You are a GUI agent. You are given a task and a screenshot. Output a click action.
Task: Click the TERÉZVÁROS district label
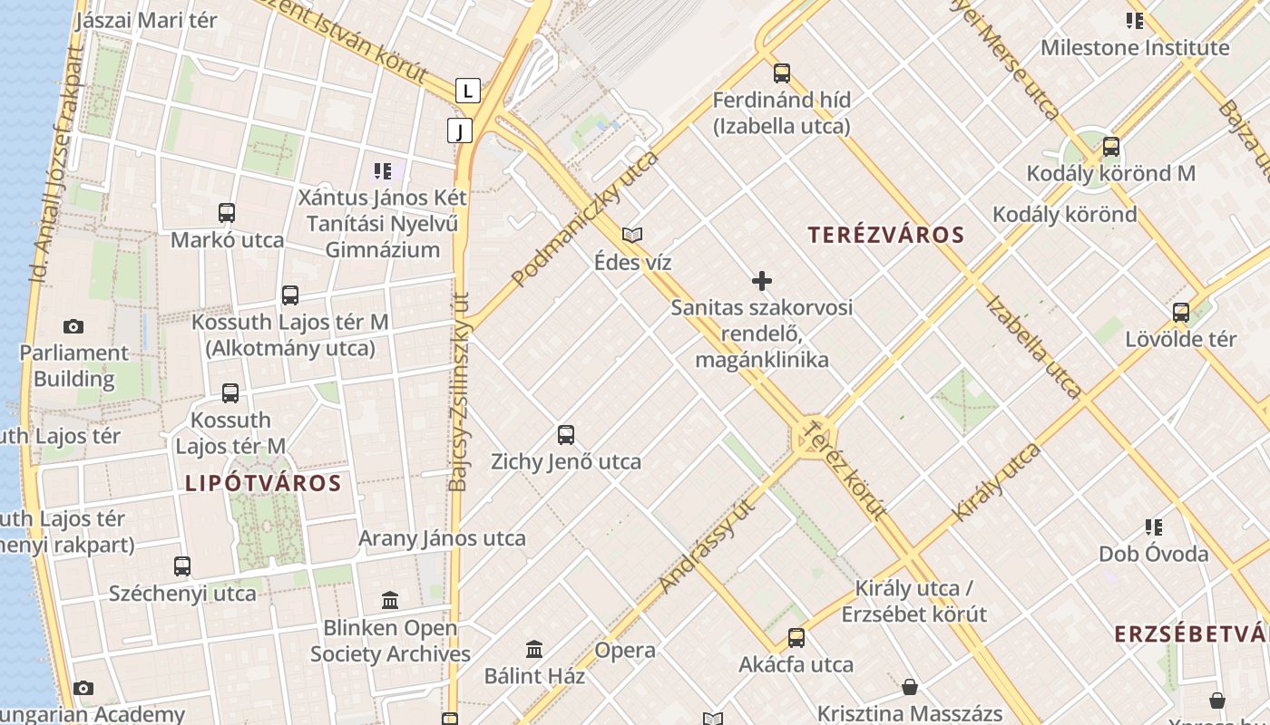[x=885, y=236]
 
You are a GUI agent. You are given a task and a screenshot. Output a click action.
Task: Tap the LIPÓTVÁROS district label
[x=263, y=483]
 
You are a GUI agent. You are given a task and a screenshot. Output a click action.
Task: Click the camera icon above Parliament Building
[x=73, y=326]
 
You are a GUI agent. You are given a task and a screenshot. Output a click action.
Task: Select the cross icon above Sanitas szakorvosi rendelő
[x=762, y=281]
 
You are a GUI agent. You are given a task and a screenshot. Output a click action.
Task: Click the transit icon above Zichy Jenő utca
[x=566, y=435]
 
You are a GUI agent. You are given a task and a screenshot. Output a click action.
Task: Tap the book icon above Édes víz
[x=632, y=236]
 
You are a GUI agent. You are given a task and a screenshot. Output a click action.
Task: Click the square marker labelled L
[x=467, y=91]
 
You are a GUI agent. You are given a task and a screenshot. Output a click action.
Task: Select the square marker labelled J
[x=460, y=131]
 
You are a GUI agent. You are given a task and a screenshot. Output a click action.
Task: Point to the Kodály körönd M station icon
[x=1110, y=147]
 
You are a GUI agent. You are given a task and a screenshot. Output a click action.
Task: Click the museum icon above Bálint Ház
[x=534, y=649]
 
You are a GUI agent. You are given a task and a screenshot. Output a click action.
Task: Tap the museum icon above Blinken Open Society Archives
[x=390, y=600]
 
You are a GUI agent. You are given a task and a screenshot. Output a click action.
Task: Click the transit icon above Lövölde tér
[x=1180, y=313]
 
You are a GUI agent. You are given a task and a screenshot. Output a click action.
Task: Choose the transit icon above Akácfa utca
[x=796, y=638]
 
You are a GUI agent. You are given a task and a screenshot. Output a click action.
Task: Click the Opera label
[x=625, y=651]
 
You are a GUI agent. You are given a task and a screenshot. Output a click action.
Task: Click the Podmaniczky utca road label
[x=585, y=219]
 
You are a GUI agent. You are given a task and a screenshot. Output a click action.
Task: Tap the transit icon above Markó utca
[x=227, y=213]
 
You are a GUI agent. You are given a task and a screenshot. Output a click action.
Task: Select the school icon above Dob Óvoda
[x=1153, y=527]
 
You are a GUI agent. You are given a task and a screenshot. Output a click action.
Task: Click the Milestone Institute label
[x=1134, y=48]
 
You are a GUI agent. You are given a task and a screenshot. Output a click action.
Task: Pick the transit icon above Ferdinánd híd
[x=781, y=73]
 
